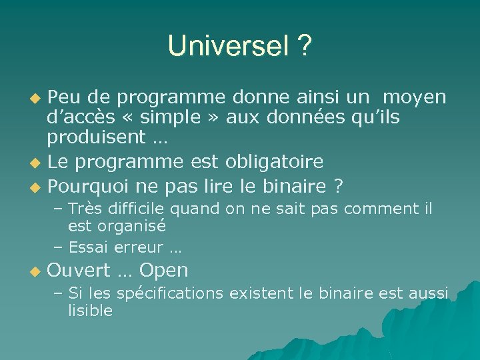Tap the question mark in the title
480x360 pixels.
(x=304, y=47)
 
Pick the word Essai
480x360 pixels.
(x=91, y=247)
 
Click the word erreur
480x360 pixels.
(x=141, y=247)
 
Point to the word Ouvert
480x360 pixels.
(x=79, y=271)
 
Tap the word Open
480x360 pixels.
(x=164, y=271)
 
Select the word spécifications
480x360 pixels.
(x=171, y=294)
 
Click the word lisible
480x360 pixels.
(x=90, y=311)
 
